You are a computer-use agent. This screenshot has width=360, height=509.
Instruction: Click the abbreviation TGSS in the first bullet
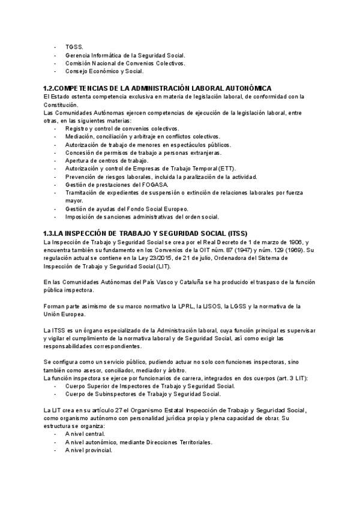coord(74,46)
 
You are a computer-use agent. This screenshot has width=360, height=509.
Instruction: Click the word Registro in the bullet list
coord(78,128)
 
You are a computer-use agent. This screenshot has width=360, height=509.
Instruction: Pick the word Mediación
coord(81,136)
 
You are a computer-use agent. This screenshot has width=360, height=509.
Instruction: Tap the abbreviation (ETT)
coord(227,168)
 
